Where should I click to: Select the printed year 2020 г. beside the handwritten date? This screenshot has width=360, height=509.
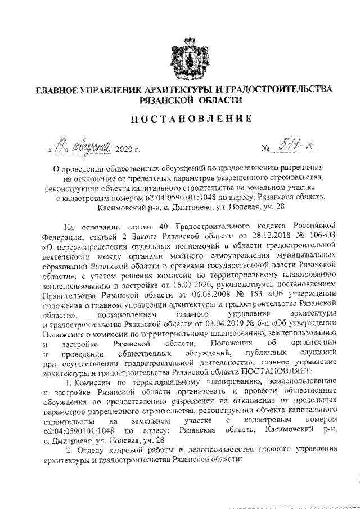[x=127, y=150]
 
